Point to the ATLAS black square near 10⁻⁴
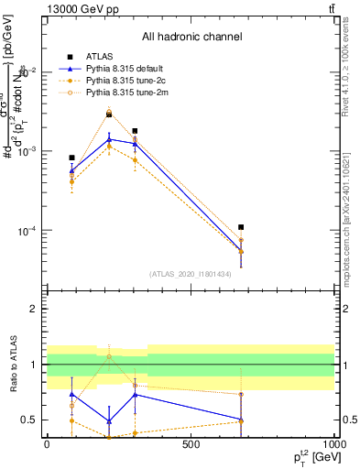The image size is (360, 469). coord(241,227)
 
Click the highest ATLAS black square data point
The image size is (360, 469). coord(109,115)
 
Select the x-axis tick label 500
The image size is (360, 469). coord(191,443)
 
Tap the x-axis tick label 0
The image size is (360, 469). coord(47,443)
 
